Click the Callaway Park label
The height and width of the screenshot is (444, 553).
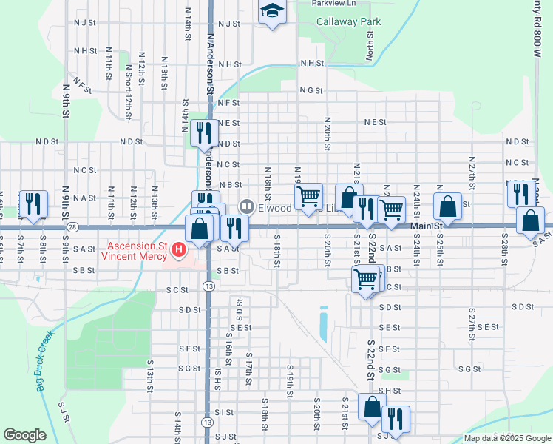(348, 21)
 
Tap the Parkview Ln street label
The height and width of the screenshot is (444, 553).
(333, 4)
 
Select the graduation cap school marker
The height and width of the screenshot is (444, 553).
(272, 12)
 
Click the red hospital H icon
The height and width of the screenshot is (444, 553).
(178, 252)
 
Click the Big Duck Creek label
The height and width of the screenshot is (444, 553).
(44, 363)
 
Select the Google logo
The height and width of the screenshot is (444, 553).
(24, 435)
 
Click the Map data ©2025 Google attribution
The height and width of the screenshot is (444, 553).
(506, 438)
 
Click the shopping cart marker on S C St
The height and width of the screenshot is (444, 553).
(366, 279)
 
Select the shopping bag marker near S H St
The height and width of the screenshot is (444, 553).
(371, 406)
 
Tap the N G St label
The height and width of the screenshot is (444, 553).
(311, 90)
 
